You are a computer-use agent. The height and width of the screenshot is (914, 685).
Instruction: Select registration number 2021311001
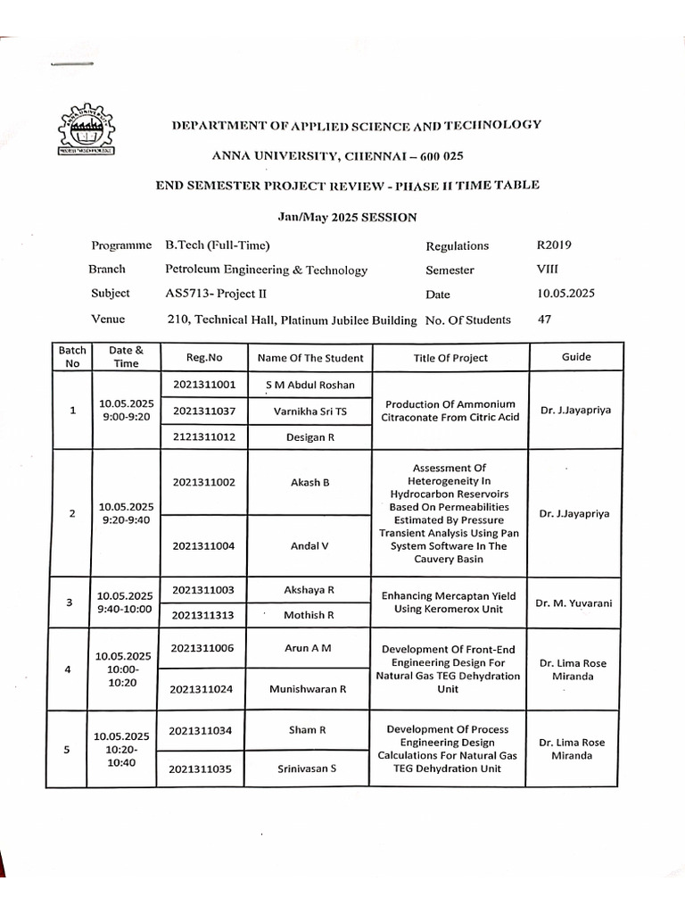click(x=204, y=385)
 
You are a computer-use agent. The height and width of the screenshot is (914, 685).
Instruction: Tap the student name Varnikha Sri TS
click(x=309, y=411)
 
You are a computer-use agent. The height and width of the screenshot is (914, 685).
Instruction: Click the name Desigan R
click(x=309, y=438)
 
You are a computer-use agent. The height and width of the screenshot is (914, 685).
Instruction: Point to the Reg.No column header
click(x=204, y=357)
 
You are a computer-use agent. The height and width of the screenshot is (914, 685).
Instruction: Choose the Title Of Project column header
click(x=450, y=358)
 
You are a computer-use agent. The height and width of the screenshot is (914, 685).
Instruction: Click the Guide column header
click(x=576, y=356)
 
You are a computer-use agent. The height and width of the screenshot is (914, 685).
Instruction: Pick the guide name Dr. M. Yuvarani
click(x=574, y=603)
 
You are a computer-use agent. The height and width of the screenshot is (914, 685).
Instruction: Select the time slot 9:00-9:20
click(x=127, y=418)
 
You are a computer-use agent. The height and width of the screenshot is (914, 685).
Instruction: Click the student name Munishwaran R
click(x=308, y=689)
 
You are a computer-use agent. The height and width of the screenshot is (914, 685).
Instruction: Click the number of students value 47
click(x=544, y=319)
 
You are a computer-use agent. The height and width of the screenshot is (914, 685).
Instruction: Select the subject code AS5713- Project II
click(x=215, y=293)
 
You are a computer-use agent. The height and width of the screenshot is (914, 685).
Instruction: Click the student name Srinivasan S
click(x=307, y=767)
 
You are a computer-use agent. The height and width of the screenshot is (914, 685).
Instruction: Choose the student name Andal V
click(x=309, y=545)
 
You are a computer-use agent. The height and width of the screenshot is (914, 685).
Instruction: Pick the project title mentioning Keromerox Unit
click(x=450, y=602)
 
